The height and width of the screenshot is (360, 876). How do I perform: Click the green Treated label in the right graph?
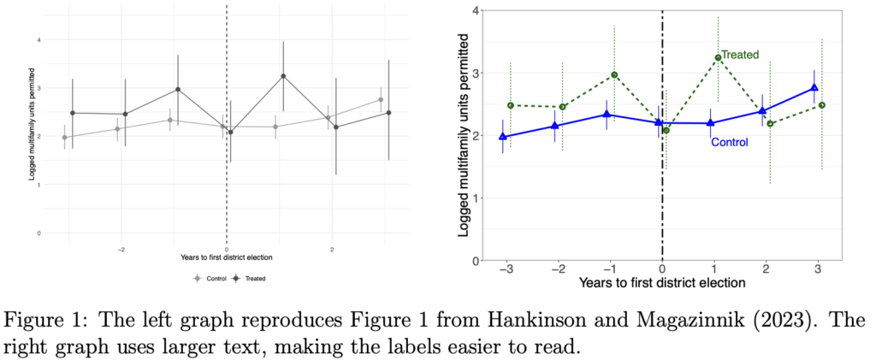pos(740,55)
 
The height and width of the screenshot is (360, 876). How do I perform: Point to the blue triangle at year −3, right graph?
pos(503,136)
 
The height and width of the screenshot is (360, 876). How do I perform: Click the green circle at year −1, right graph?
pos(614,75)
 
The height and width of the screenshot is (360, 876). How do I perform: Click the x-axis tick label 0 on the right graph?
pos(662,269)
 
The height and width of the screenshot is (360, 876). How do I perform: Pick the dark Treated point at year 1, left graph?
pos(282,76)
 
